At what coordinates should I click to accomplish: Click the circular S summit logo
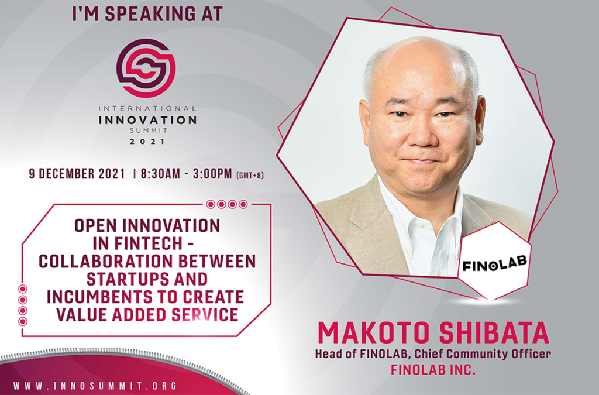(x=146, y=68)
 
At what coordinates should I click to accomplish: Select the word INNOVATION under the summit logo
(x=147, y=120)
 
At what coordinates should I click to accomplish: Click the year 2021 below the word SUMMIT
(x=147, y=142)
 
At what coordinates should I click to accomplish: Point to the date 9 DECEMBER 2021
(x=77, y=174)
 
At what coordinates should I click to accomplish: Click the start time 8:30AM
(x=160, y=174)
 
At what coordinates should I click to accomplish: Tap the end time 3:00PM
(x=212, y=174)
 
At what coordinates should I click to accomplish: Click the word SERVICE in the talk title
(x=205, y=315)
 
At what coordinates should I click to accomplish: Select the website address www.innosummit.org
(x=95, y=386)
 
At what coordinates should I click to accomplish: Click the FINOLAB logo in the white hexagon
(x=495, y=263)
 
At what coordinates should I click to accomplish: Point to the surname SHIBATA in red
(x=494, y=334)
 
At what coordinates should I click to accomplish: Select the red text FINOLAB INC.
(x=433, y=370)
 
